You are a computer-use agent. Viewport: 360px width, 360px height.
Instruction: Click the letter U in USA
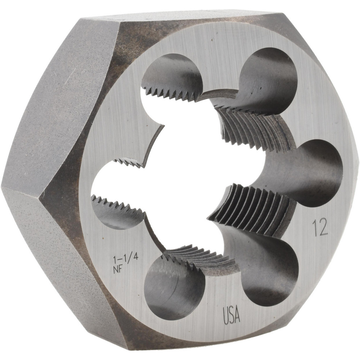226,316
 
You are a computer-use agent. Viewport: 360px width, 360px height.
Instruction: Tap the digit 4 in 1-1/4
135,257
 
